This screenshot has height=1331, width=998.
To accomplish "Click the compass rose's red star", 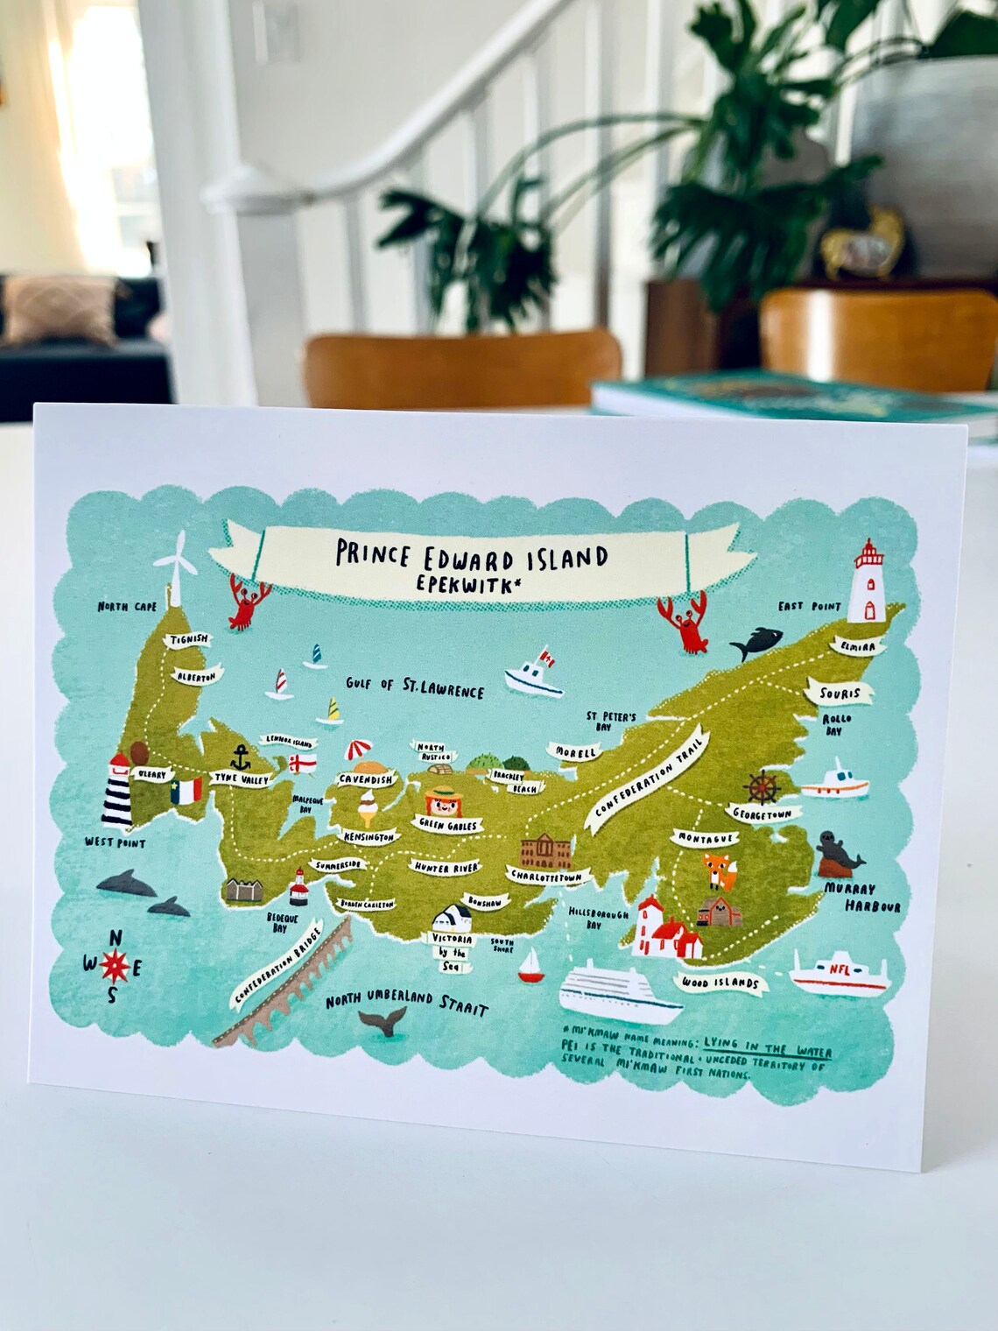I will point(115,966).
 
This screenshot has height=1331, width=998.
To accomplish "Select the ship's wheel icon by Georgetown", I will point(763,786).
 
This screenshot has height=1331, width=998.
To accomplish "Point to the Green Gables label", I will point(448,825).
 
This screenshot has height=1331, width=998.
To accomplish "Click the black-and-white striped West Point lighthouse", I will point(116,792).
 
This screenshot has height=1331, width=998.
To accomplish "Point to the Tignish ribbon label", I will point(190,639).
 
